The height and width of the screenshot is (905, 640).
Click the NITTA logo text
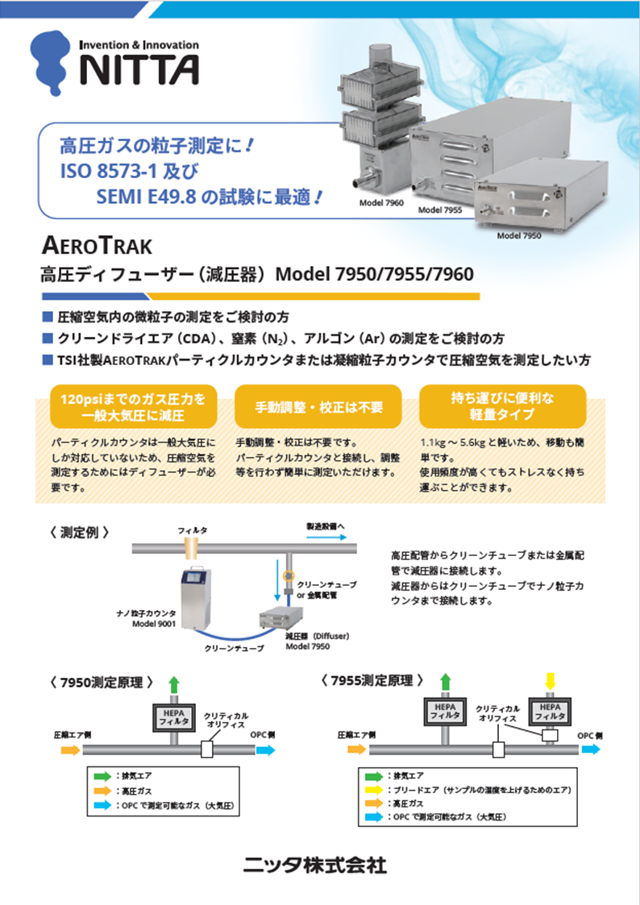138,70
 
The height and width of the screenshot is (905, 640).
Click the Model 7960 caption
381,203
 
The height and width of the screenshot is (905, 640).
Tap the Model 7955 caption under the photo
439,210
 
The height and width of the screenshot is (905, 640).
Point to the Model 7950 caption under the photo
519,236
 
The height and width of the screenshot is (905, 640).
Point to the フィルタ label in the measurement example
193,531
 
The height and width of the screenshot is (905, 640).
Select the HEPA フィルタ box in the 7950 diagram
173,717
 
